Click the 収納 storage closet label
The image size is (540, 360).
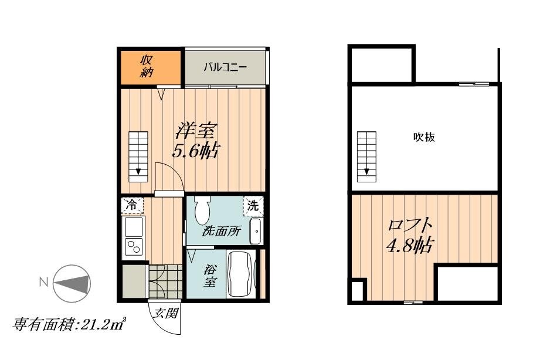pos(147,66)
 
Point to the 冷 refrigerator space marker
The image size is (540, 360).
pos(131,205)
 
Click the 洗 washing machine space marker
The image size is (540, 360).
pos(253,206)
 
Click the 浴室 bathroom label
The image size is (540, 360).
pos(210,276)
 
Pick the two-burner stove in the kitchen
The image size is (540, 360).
pos(134,247)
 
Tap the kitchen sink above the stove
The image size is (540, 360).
pos(133,226)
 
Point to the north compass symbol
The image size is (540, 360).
pos(72,283)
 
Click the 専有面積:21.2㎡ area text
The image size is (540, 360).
pos(70,324)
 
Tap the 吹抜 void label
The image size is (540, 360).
pos(424,138)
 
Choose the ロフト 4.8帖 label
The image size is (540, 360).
pos(410,235)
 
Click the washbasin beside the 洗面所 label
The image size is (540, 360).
pos(256,232)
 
